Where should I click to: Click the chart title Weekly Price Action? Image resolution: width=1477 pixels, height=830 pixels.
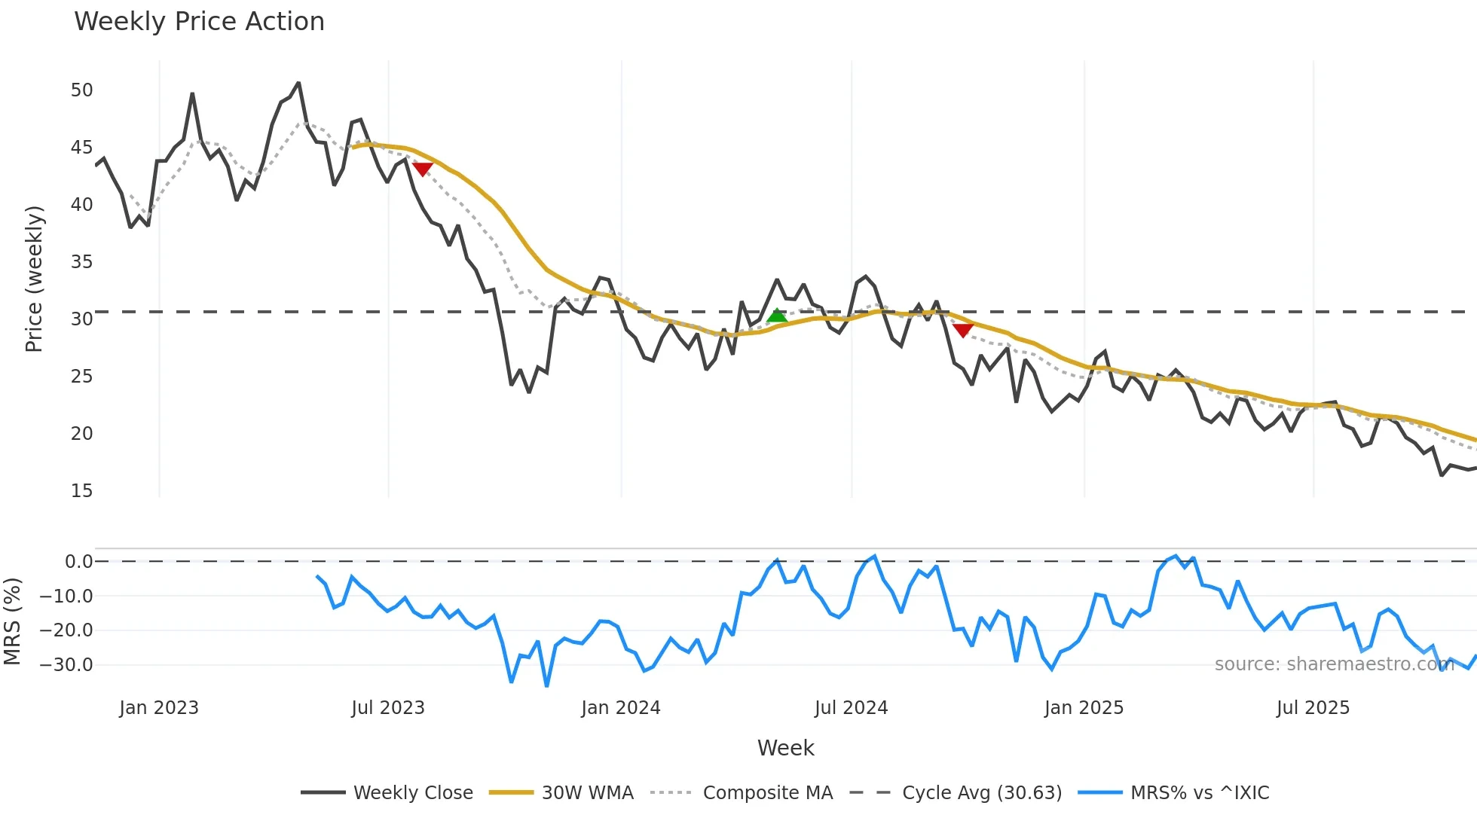199,22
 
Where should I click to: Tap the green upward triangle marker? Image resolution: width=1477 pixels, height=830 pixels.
777,316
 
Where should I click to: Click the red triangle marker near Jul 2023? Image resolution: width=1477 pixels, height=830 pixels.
423,169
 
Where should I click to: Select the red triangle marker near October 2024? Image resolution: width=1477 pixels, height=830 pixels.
963,330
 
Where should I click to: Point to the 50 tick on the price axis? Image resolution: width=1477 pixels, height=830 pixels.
81,90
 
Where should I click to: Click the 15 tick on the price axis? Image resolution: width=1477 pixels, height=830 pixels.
81,491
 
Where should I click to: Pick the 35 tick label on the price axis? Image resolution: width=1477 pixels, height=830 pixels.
81,262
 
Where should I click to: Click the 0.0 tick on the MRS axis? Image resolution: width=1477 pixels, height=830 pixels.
78,562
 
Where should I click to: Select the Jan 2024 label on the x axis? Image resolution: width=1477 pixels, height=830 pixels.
620,708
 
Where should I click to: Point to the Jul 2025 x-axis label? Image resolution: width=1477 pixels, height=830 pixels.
1313,708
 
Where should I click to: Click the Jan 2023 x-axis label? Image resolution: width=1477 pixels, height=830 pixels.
159,708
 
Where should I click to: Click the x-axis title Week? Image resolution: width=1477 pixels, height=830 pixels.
785,748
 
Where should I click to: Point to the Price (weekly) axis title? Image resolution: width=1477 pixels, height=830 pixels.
34,279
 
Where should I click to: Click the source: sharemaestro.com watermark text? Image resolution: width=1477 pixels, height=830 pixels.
1334,664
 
